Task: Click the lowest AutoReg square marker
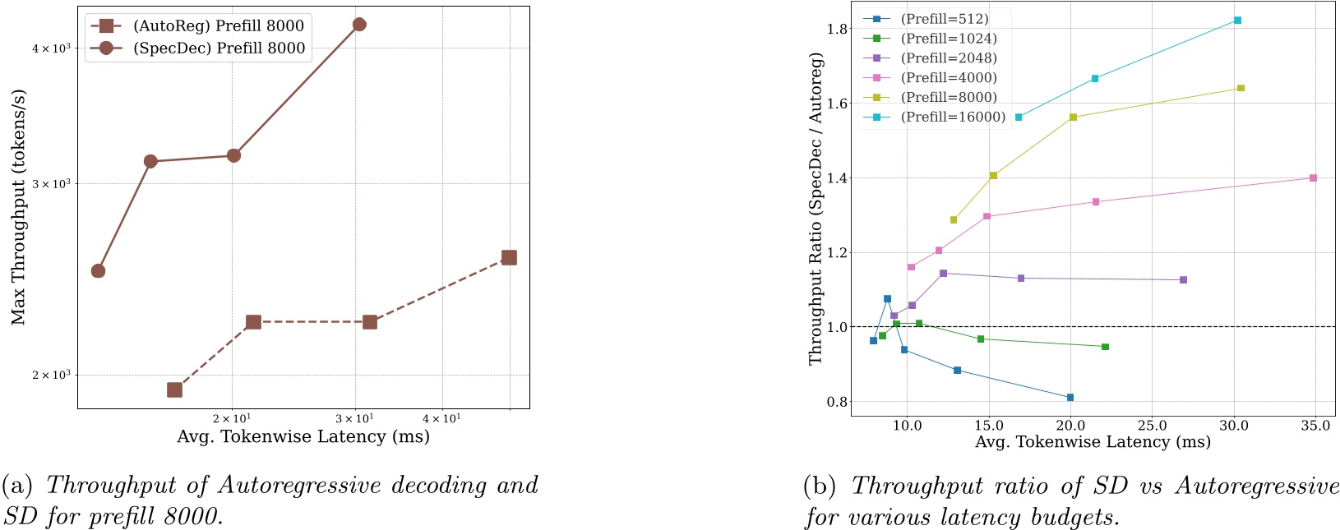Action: click(174, 389)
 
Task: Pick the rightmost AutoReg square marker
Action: click(509, 257)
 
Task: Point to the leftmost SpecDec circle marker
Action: click(98, 271)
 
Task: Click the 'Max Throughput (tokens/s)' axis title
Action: click(18, 209)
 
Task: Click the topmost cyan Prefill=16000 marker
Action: click(1237, 20)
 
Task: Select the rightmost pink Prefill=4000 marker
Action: click(1313, 177)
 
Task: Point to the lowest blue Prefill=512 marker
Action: click(1070, 397)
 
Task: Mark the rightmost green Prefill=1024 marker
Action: click(1105, 347)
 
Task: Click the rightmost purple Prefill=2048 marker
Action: click(1183, 280)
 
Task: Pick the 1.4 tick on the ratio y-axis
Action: click(837, 178)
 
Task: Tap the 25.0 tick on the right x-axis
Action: click(1152, 426)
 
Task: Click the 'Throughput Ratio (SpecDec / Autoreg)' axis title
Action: click(816, 209)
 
